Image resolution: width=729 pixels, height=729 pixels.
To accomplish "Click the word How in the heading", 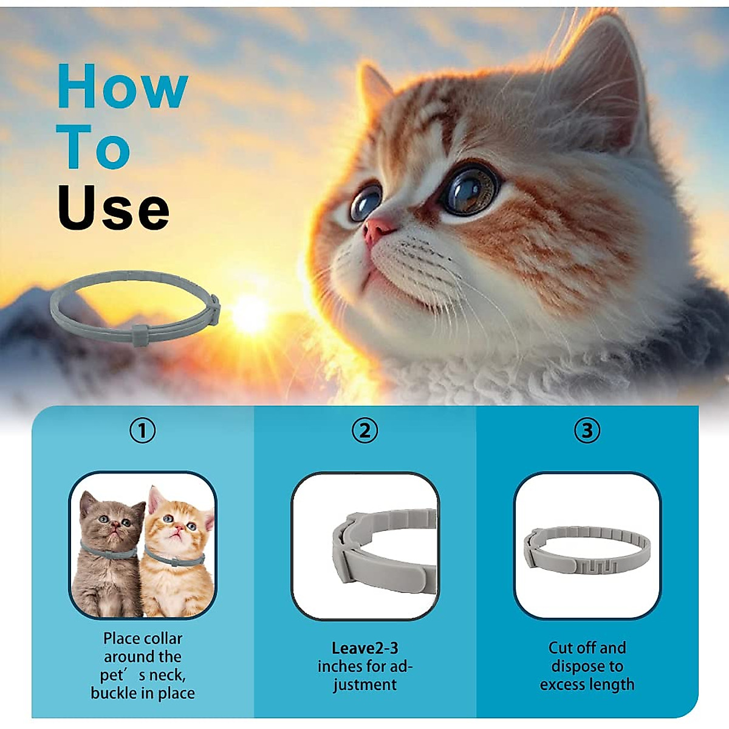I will (122, 87).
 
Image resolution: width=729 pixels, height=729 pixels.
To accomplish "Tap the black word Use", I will (114, 208).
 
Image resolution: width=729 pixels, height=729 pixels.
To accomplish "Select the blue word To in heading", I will (94, 148).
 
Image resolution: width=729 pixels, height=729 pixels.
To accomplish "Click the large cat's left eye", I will (366, 204).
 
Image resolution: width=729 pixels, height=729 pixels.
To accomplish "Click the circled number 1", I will (143, 431).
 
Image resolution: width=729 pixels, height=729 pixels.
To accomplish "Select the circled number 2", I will (364, 431).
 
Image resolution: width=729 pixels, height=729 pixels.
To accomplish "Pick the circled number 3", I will (587, 431).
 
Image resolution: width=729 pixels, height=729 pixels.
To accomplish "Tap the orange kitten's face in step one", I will (176, 526).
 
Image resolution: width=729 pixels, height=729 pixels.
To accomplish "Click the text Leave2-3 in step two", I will (364, 648).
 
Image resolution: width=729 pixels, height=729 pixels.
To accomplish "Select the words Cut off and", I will (587, 648).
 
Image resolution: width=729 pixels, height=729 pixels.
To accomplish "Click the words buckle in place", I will (143, 693).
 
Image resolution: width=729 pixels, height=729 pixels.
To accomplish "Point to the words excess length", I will (587, 685).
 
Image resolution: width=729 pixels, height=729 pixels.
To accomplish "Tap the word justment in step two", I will (364, 685).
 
